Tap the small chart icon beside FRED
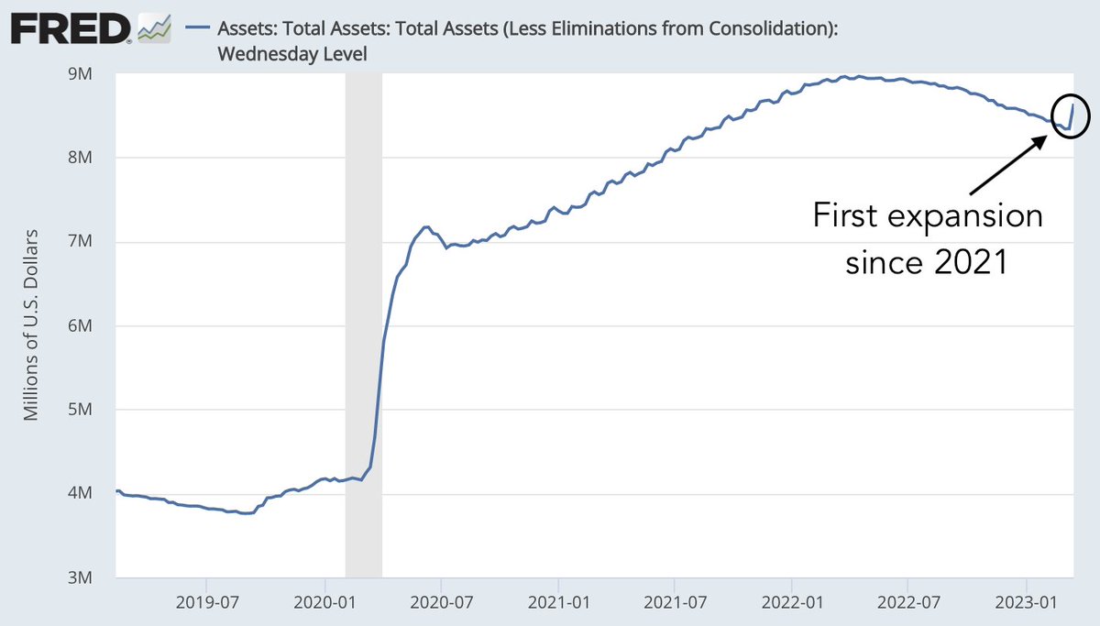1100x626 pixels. [x=153, y=30]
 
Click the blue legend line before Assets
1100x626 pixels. [x=198, y=29]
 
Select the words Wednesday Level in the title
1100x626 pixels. [x=291, y=54]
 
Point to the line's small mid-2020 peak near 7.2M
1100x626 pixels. [x=425, y=226]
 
